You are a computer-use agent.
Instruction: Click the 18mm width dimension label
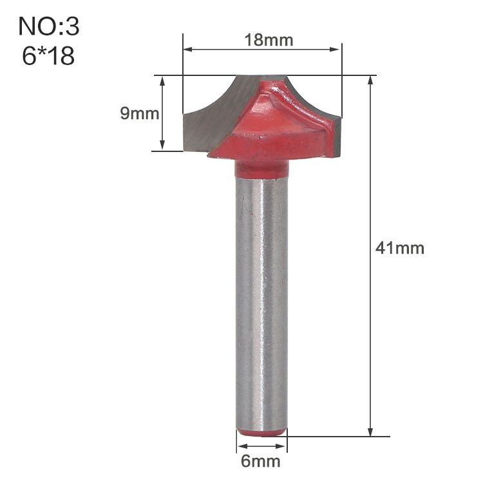[269, 41]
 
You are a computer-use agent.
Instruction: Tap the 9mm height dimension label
[140, 113]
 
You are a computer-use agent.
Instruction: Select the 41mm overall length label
[399, 248]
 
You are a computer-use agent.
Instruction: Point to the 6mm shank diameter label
[261, 461]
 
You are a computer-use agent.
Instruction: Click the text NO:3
[49, 26]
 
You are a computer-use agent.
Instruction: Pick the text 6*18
[48, 56]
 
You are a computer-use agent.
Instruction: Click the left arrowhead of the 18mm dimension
[188, 50]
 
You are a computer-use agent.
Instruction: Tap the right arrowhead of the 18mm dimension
[334, 50]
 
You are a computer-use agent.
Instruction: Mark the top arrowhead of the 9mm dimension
[163, 81]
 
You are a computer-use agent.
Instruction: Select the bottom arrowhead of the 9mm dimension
[163, 146]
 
